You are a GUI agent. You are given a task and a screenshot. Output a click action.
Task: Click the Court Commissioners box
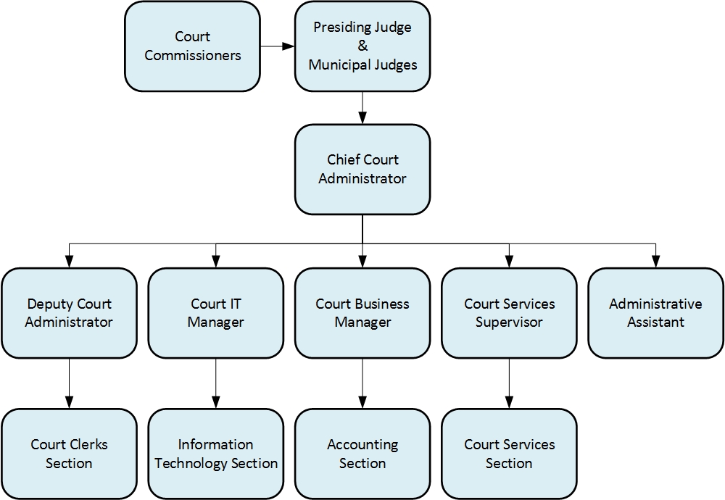click(x=192, y=46)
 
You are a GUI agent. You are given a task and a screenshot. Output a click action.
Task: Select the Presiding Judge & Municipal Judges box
click(x=362, y=46)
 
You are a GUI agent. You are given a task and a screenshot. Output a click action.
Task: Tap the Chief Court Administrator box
click(x=362, y=170)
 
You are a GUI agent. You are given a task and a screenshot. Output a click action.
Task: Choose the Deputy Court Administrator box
click(x=69, y=313)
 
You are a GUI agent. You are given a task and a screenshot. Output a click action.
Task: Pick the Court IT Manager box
click(x=215, y=313)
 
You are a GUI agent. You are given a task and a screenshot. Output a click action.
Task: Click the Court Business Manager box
click(x=362, y=313)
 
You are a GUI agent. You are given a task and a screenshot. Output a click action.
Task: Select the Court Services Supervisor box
click(x=509, y=313)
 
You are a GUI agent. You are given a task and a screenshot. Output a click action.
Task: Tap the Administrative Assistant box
click(x=655, y=313)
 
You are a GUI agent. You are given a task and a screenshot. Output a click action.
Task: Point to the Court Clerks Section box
click(x=69, y=454)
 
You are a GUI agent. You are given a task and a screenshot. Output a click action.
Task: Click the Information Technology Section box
click(x=215, y=454)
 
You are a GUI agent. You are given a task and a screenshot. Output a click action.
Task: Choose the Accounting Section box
click(x=362, y=454)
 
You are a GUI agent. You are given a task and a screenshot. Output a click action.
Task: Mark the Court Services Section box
click(x=509, y=454)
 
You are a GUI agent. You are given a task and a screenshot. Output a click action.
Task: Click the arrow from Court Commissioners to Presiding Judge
click(x=277, y=46)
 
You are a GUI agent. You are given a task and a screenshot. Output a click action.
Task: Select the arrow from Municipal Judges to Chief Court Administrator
click(x=362, y=108)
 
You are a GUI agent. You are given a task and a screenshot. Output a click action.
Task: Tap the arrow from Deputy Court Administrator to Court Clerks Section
click(x=69, y=383)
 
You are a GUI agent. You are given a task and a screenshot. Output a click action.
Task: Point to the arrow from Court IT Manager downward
click(x=215, y=383)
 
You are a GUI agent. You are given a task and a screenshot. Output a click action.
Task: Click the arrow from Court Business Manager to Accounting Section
click(x=362, y=383)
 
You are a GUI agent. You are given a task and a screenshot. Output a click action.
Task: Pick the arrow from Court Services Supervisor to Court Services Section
click(x=509, y=383)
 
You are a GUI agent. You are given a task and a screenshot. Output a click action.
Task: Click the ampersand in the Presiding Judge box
click(x=362, y=46)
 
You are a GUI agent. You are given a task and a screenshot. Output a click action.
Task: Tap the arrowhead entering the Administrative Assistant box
click(x=655, y=262)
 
